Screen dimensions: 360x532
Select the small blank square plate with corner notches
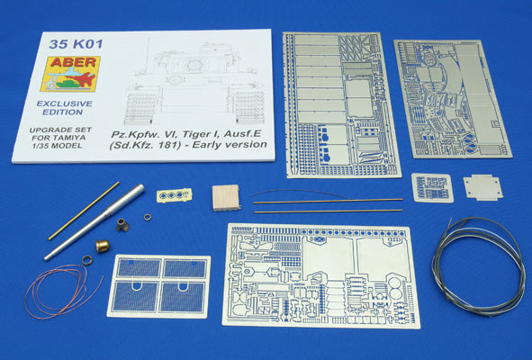point(482,187)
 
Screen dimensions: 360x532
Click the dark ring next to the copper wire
point(88,260)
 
